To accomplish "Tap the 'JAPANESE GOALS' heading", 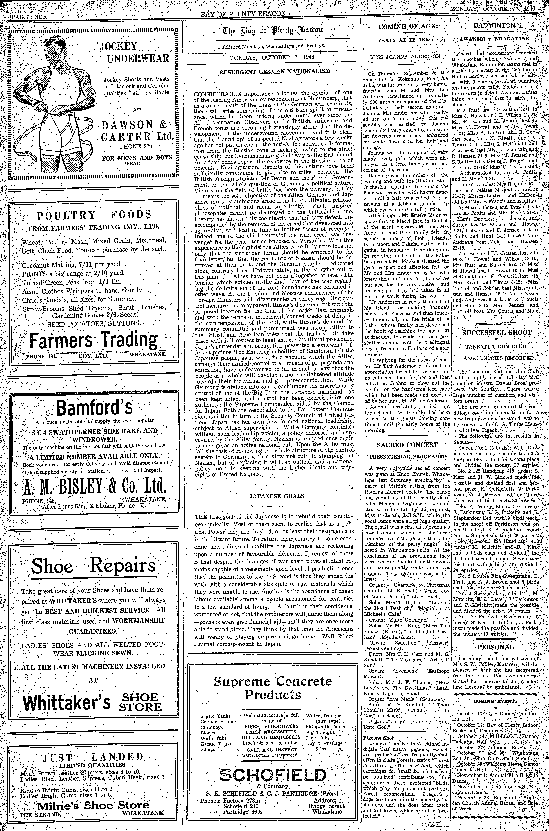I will (277, 496).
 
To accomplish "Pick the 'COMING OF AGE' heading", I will (407, 26).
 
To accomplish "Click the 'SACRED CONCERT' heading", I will (407, 445).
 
